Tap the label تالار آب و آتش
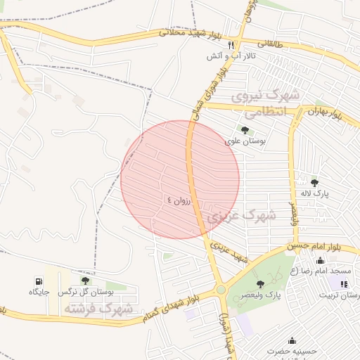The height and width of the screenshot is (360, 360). [231, 56]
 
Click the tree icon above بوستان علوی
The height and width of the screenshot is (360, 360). [244, 130]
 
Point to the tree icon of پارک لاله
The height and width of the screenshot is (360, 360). [314, 183]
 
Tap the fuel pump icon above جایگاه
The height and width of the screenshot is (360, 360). [37, 280]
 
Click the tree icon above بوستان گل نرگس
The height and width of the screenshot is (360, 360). [85, 280]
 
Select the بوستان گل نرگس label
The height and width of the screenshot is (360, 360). [86, 291]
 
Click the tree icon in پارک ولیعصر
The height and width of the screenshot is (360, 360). [260, 284]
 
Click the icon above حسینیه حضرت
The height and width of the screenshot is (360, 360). [292, 340]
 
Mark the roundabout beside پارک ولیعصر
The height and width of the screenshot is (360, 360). [221, 290]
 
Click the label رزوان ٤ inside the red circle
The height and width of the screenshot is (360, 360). [179, 200]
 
